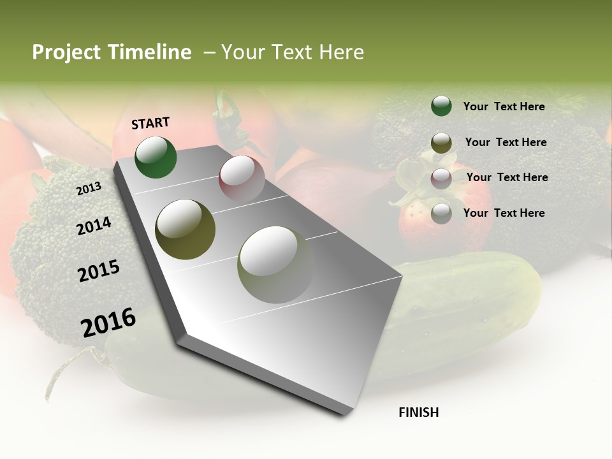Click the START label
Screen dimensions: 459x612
click(150, 123)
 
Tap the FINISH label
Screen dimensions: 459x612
click(418, 412)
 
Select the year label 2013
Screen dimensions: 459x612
click(89, 189)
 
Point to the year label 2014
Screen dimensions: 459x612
click(94, 226)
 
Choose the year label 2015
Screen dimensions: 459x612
click(99, 271)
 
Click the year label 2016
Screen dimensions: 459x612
click(108, 323)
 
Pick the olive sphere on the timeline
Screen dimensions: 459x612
click(185, 229)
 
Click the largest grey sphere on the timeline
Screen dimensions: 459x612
click(276, 265)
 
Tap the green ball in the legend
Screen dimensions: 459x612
click(441, 106)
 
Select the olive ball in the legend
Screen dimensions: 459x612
click(441, 143)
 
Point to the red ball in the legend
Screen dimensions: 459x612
click(441, 178)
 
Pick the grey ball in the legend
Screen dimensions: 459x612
click(441, 214)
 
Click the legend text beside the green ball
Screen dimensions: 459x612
click(504, 106)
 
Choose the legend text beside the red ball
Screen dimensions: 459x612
click(507, 177)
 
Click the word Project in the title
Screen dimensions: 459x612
click(66, 52)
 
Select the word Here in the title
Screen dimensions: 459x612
click(341, 52)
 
